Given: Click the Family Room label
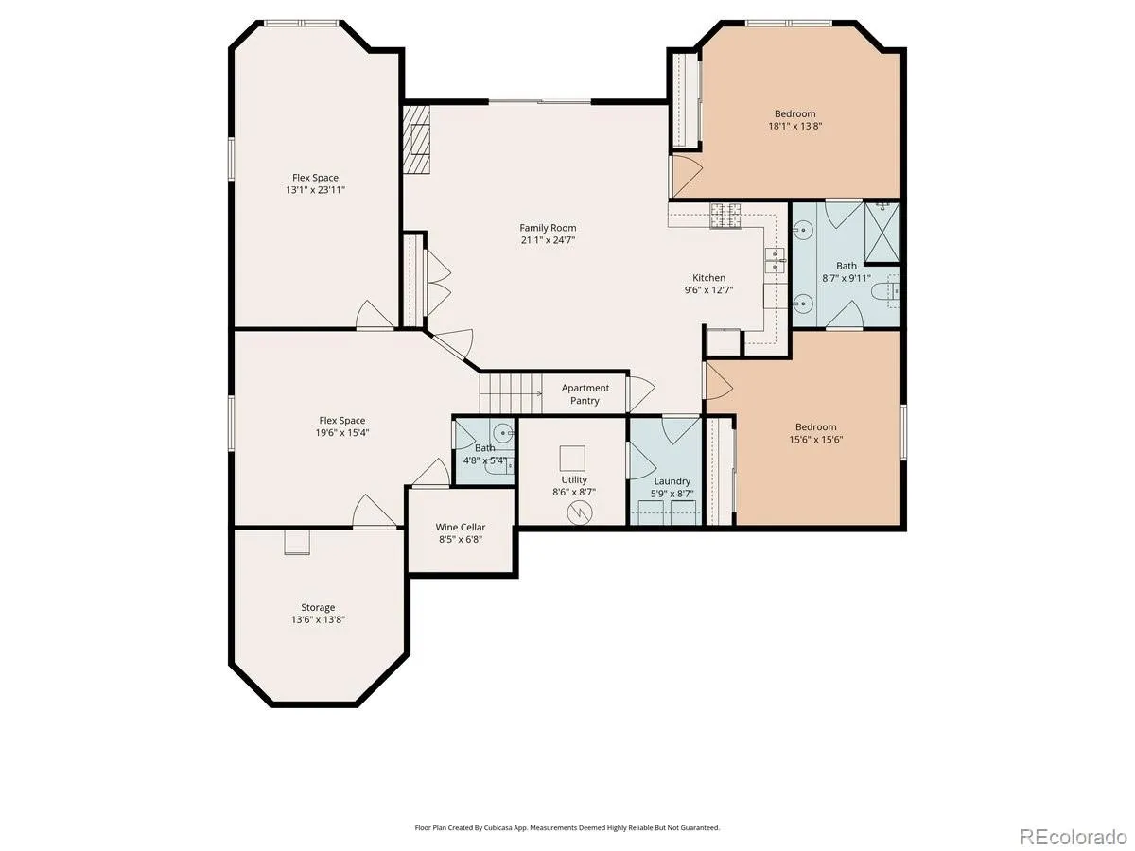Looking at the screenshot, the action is (548, 228).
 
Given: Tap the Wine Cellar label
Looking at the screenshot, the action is (461, 527).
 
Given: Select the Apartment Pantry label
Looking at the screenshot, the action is (585, 393).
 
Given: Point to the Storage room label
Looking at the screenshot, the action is (318, 608).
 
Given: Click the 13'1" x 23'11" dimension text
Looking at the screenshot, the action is (315, 190).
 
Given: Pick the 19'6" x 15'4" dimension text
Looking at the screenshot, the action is (342, 432).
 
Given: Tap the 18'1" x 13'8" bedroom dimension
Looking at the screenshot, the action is (794, 126).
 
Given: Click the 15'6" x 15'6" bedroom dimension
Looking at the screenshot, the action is (816, 439).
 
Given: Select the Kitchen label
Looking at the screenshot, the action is (709, 277).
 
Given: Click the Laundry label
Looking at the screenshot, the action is (672, 481).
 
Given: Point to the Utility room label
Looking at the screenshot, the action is (574, 479).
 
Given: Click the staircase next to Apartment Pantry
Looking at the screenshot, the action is (511, 393).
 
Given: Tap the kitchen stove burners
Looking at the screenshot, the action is (726, 216).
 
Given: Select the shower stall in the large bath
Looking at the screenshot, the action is (882, 233).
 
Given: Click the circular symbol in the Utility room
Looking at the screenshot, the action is (580, 513).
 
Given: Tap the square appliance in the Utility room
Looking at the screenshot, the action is (572, 459).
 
